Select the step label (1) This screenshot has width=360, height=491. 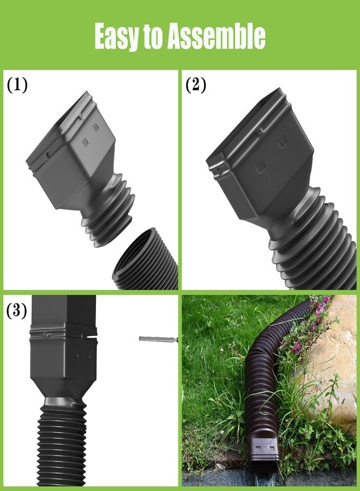[x=17, y=85]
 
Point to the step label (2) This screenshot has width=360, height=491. [x=196, y=85]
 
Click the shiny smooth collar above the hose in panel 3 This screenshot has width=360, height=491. [x=64, y=402]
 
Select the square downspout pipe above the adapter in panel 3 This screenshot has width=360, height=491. [x=64, y=310]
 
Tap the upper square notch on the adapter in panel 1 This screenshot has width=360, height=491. [x=96, y=127]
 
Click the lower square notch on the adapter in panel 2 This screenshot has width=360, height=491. [x=260, y=170]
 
